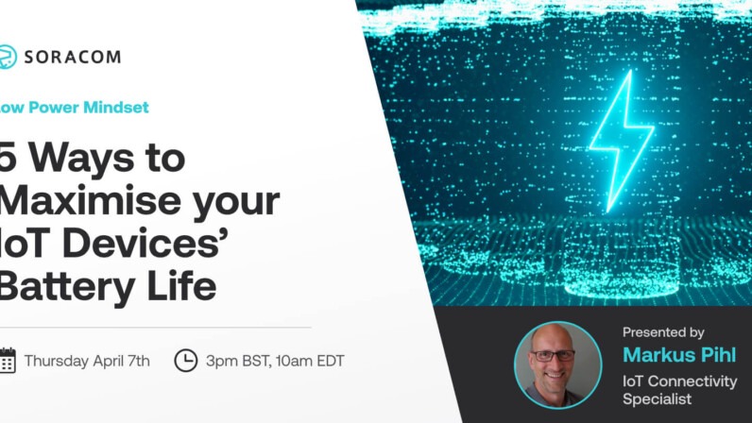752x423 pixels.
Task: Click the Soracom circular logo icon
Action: [7, 57]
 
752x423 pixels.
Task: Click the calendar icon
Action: [7, 360]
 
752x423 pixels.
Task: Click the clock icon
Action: [186, 360]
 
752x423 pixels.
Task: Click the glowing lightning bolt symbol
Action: [621, 139]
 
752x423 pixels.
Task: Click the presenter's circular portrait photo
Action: [557, 364]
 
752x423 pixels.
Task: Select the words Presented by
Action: [663, 332]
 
